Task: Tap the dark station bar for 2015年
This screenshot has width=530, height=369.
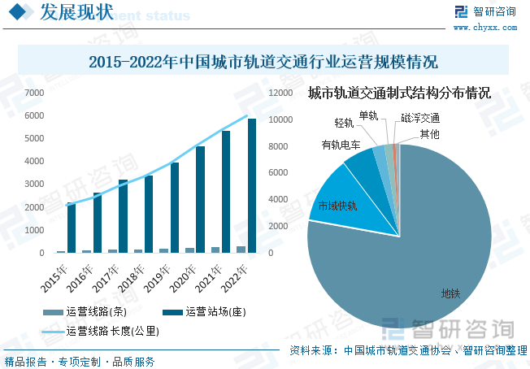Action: (72, 228)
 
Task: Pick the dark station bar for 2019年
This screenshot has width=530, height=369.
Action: (175, 207)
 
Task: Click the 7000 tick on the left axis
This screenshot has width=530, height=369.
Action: (34, 93)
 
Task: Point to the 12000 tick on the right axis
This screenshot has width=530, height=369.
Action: (280, 93)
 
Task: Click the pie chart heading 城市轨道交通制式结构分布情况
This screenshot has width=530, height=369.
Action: (399, 93)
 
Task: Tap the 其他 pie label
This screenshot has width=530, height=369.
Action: (429, 133)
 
